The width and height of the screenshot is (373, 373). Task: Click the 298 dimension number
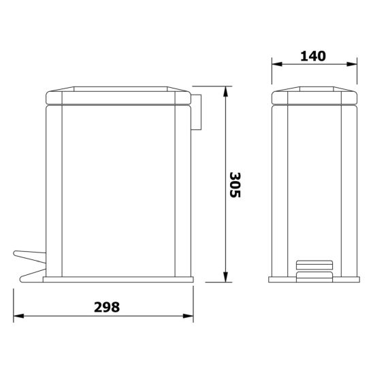pyautogui.click(x=107, y=307)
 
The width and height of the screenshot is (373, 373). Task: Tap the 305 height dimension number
pyautogui.click(x=236, y=185)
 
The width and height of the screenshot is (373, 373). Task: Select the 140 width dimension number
pyautogui.click(x=313, y=56)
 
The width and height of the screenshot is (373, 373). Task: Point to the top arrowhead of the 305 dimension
pyautogui.click(x=225, y=92)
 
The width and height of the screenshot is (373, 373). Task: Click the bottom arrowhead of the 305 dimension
pyautogui.click(x=225, y=277)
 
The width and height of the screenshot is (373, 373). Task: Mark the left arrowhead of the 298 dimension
pyautogui.click(x=19, y=316)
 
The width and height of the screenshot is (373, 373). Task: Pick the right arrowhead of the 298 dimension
pyautogui.click(x=188, y=316)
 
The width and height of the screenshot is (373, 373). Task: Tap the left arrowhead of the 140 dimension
pyautogui.click(x=277, y=64)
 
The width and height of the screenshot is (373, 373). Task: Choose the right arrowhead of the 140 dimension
pyautogui.click(x=352, y=64)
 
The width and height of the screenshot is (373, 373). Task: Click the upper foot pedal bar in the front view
pyautogui.click(x=314, y=265)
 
